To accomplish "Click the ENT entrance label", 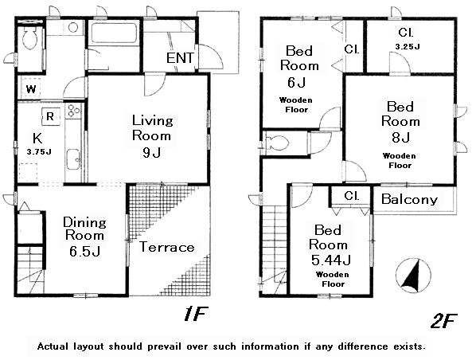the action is pyautogui.click(x=180, y=58).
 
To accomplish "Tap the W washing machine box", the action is pyautogui.click(x=31, y=89).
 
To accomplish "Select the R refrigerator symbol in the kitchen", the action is pyautogui.click(x=51, y=116).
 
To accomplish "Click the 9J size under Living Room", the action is pyautogui.click(x=151, y=153).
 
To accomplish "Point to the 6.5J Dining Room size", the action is pyautogui.click(x=84, y=251).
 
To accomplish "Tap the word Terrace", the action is pyautogui.click(x=166, y=247).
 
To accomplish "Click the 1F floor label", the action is pyautogui.click(x=195, y=314).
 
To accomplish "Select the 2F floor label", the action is pyautogui.click(x=443, y=321).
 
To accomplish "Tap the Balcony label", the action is pyautogui.click(x=409, y=199).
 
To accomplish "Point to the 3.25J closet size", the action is pyautogui.click(x=408, y=47).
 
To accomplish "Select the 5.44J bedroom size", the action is pyautogui.click(x=331, y=260).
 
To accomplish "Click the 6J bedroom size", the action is pyautogui.click(x=297, y=82).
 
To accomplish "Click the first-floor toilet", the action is pyautogui.click(x=29, y=38).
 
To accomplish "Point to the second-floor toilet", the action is pyautogui.click(x=278, y=143).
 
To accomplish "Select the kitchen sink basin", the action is pyautogui.click(x=73, y=159).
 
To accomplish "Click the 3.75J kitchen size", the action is pyautogui.click(x=39, y=152).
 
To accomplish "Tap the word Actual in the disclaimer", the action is pyautogui.click(x=53, y=346).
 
